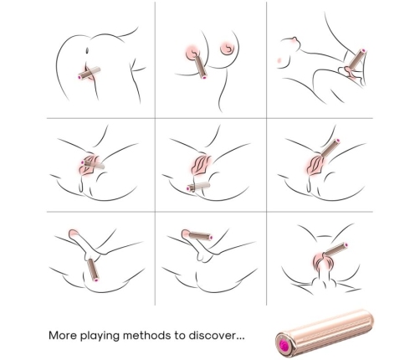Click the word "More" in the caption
click(63, 335)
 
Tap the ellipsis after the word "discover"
click(240, 338)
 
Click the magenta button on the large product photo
click(284, 344)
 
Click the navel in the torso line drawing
click(88, 51)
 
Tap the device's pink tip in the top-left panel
click(80, 77)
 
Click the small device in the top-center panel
click(200, 67)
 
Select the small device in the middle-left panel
click(93, 165)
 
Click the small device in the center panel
click(198, 187)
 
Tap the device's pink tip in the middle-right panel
click(338, 141)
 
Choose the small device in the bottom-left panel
click(93, 270)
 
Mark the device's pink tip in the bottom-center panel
click(211, 238)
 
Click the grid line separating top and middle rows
click(210, 118)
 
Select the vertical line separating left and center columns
click(155, 153)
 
